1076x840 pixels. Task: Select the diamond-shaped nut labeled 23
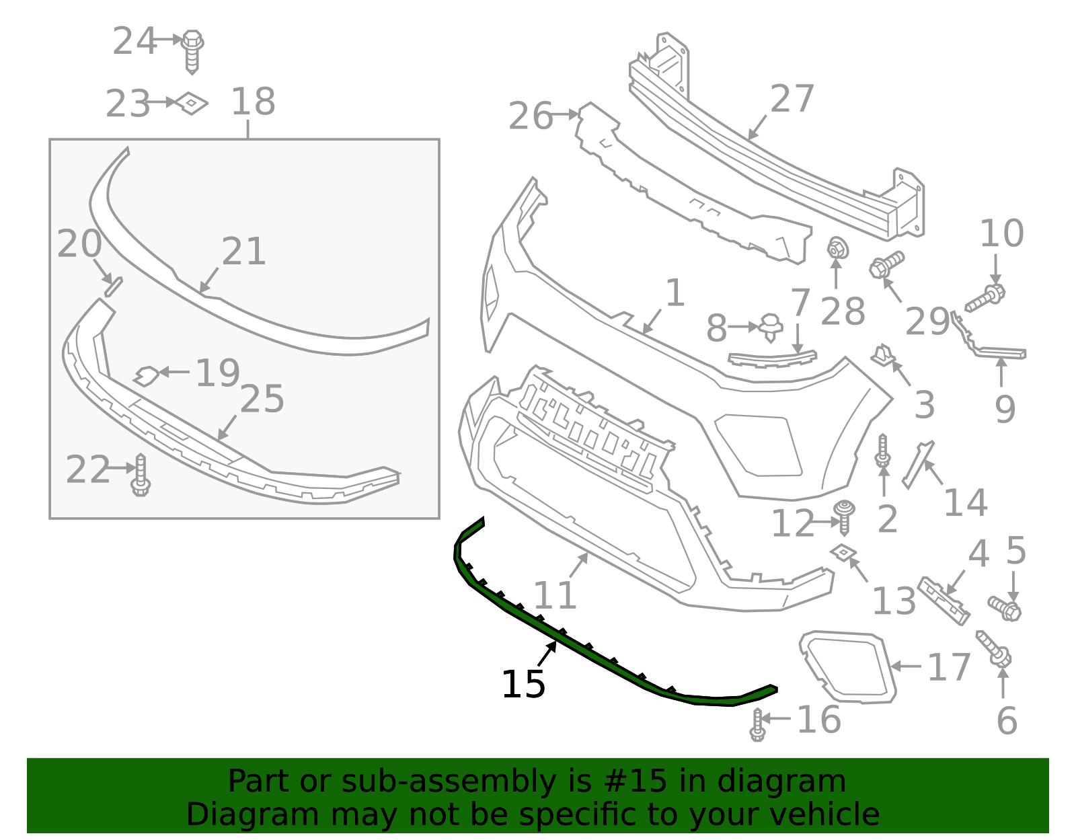(192, 103)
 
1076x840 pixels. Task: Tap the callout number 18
(253, 102)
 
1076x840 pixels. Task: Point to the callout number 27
(792, 99)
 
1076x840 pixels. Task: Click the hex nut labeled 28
(837, 249)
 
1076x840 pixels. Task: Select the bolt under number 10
(985, 298)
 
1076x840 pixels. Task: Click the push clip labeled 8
(771, 327)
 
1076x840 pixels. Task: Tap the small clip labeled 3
(883, 356)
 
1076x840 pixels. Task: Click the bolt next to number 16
(758, 725)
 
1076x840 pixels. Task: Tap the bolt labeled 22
(141, 475)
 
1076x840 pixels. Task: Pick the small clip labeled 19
(147, 375)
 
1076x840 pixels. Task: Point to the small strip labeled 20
(113, 286)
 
